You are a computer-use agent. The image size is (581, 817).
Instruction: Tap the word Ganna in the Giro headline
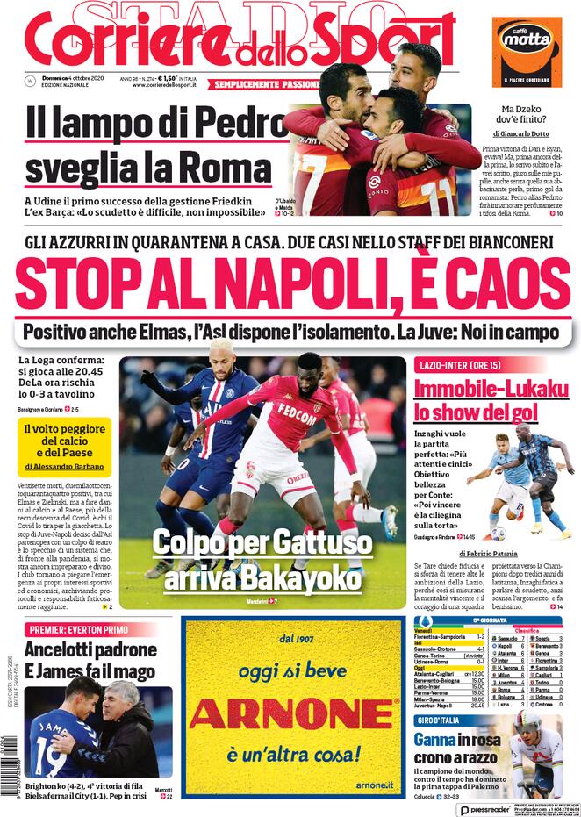point(436,740)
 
